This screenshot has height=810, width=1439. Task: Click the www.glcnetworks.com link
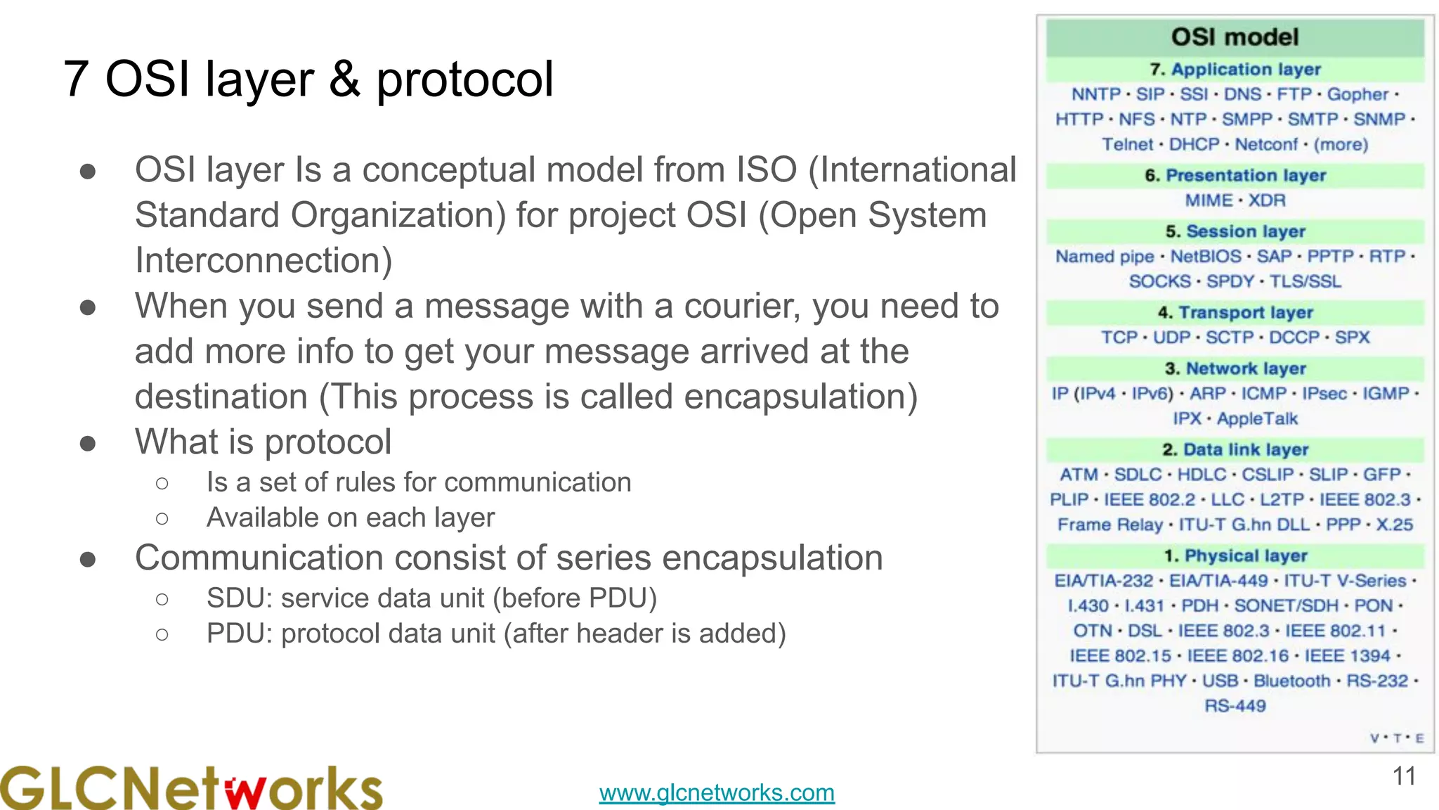[717, 792]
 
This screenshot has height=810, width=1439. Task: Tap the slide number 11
[1404, 776]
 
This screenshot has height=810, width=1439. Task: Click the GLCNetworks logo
[191, 788]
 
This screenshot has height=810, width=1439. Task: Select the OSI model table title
[1235, 37]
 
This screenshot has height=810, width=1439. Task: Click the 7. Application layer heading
[1235, 70]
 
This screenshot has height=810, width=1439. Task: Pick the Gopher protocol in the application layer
[1357, 94]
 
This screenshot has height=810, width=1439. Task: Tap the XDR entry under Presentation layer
[1267, 200]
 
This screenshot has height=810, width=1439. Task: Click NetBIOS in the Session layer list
[1206, 257]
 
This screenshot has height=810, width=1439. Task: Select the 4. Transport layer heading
[1235, 312]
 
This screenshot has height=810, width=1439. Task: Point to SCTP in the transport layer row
[1230, 337]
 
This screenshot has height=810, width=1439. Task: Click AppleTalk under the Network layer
[1257, 419]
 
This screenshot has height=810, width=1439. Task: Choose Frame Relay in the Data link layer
[1110, 525]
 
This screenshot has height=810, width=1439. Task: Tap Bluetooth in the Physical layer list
[1291, 681]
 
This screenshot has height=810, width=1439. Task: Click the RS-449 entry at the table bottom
[1235, 706]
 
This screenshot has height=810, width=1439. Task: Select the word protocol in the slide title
[465, 79]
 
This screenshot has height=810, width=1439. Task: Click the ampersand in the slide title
[344, 79]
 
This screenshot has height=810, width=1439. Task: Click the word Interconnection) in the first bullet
[263, 261]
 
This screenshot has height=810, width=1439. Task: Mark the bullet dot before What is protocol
[88, 443]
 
